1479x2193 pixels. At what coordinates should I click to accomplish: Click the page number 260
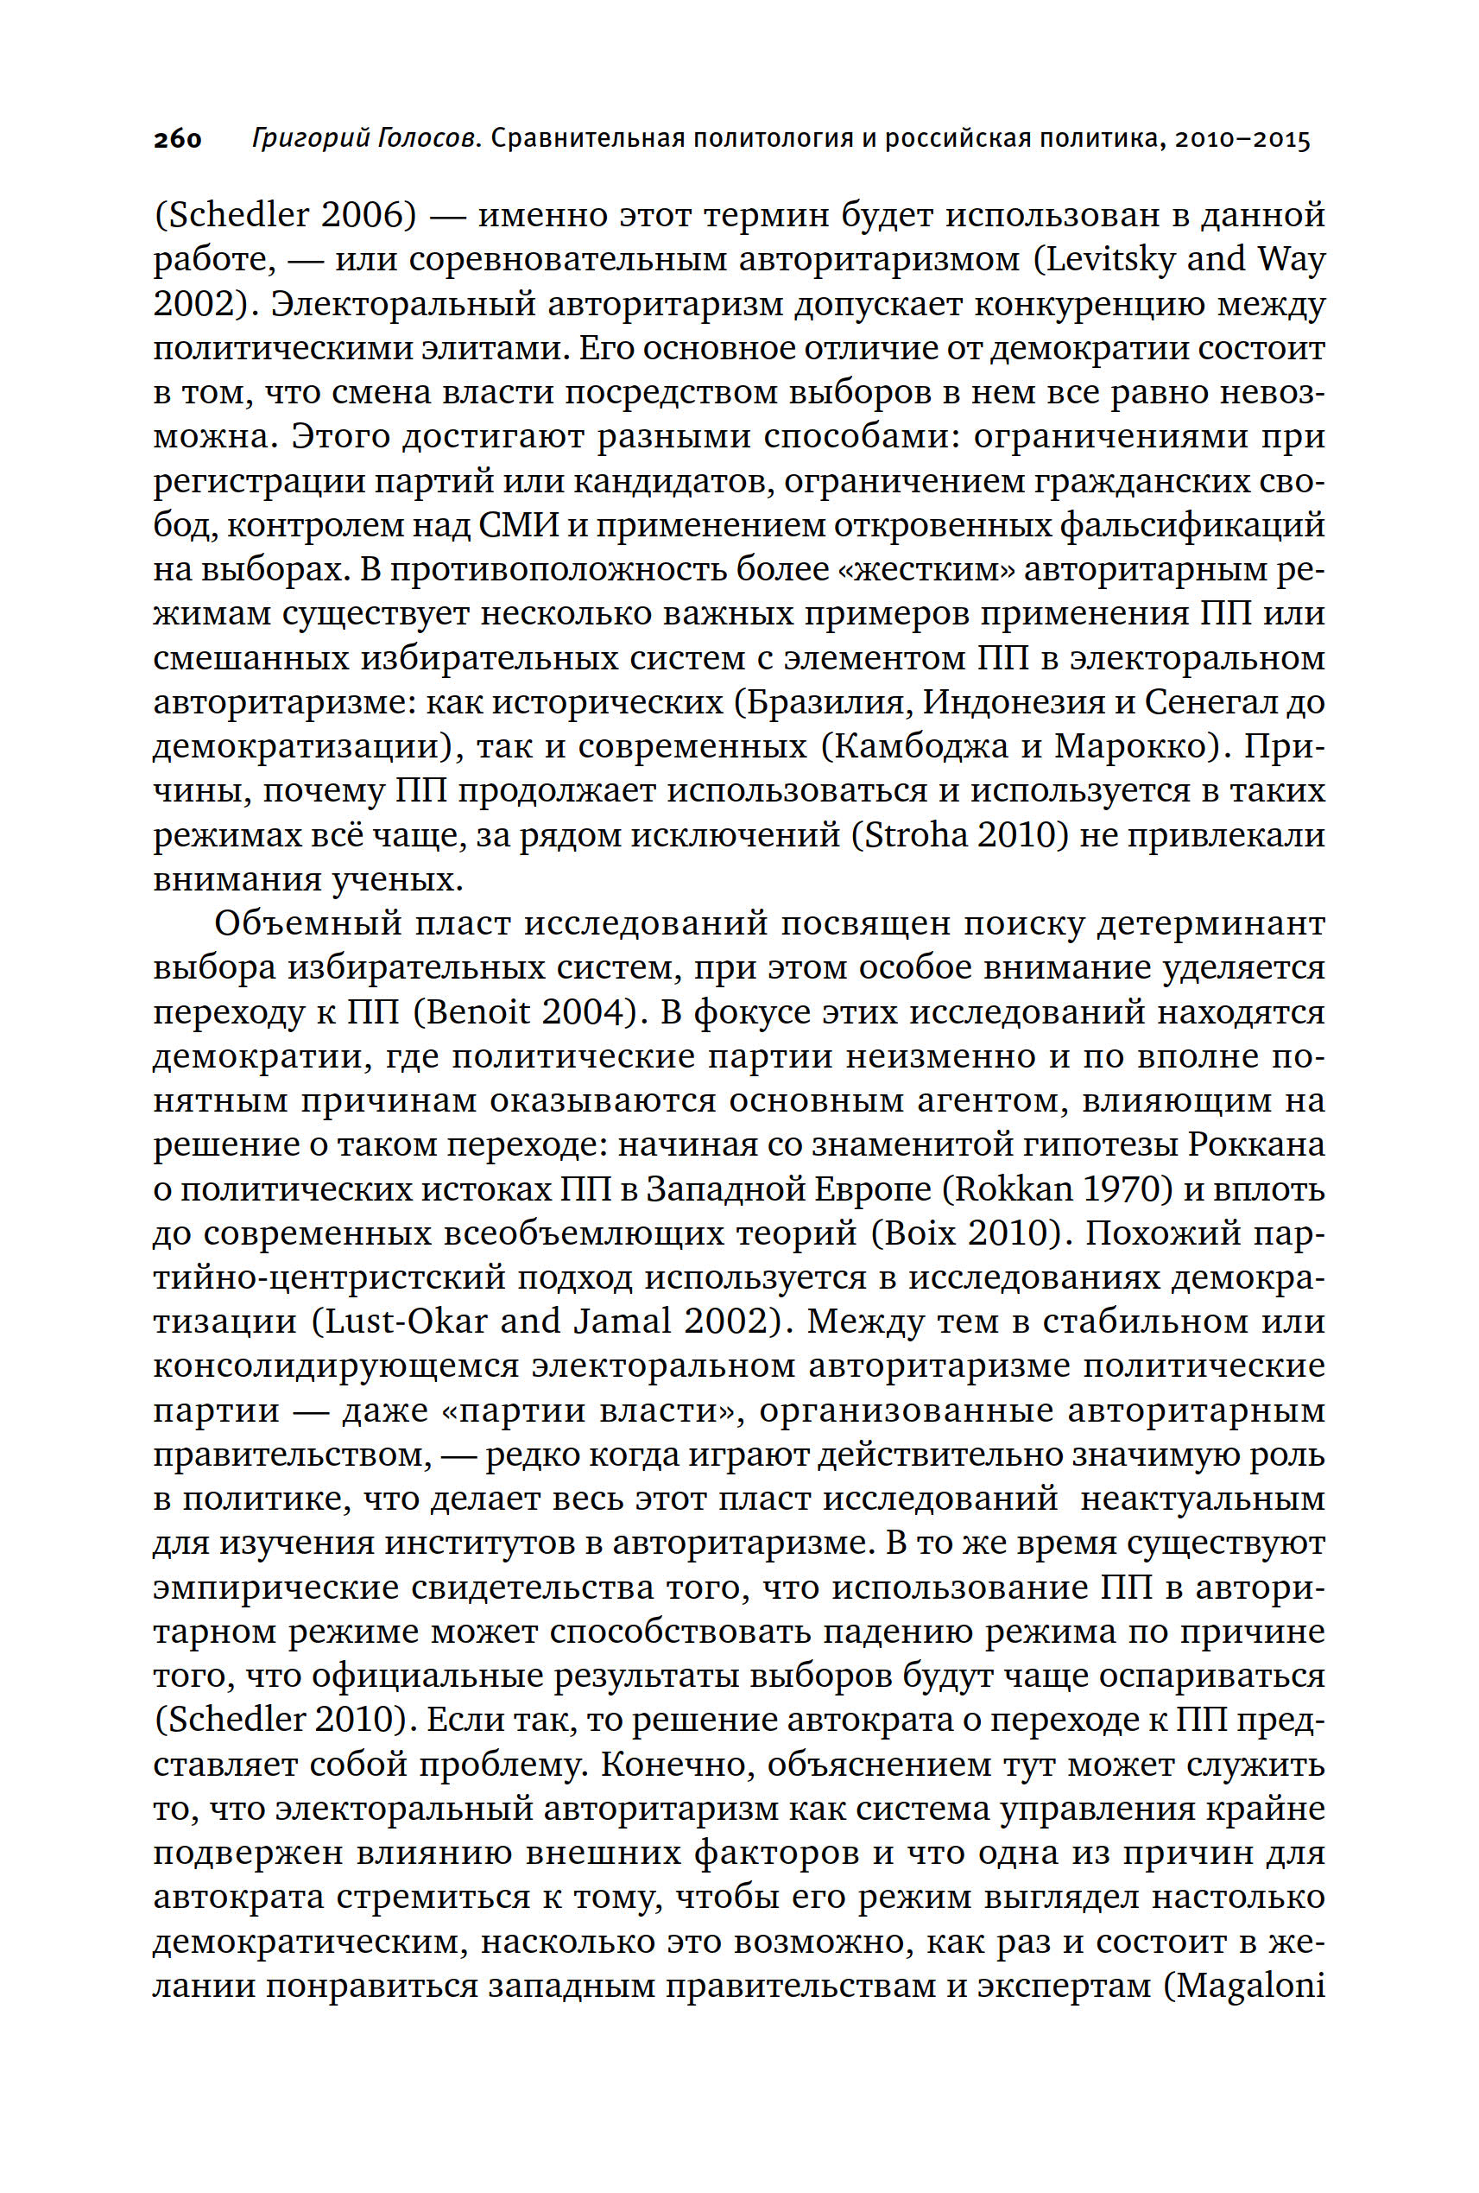click(x=178, y=140)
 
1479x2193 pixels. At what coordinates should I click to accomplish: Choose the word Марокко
click(x=1132, y=746)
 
